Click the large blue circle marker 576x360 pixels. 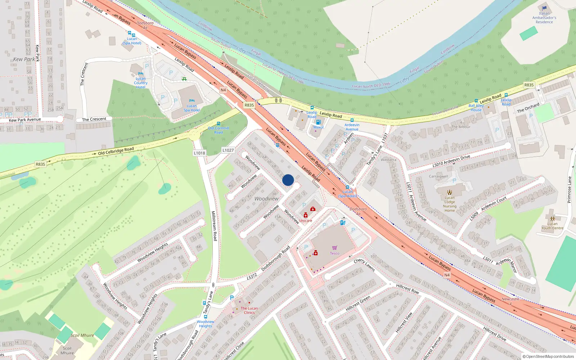coord(288,180)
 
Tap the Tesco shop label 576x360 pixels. coord(334,253)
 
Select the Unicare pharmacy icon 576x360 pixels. coord(306,215)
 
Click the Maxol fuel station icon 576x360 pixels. coord(318,122)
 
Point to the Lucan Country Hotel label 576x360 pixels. coord(141,83)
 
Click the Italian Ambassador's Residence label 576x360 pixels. coord(544,18)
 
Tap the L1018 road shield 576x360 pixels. coord(199,153)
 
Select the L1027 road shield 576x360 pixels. coord(228,150)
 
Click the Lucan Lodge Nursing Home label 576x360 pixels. coord(450,204)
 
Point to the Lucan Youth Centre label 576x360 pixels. coord(552,226)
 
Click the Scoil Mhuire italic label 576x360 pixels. coord(82,335)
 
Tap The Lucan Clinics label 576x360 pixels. coord(249,310)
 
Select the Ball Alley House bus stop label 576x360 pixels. coord(476,108)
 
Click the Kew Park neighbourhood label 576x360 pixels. coord(24,59)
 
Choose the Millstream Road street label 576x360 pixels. coord(214,226)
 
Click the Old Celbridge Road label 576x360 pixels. coord(116,151)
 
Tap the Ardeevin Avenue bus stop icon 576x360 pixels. coord(352,120)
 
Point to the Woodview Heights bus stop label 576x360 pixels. coord(206,324)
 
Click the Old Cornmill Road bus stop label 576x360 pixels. coord(219,130)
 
